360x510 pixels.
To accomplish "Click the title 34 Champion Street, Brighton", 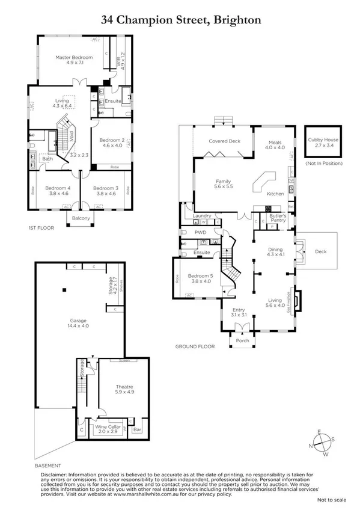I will click(x=180, y=20).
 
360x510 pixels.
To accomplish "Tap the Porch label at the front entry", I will click(x=243, y=341).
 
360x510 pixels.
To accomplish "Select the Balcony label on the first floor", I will click(x=81, y=218).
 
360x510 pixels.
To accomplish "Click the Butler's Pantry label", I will click(x=277, y=218).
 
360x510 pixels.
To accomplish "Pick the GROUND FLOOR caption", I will click(x=195, y=347).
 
